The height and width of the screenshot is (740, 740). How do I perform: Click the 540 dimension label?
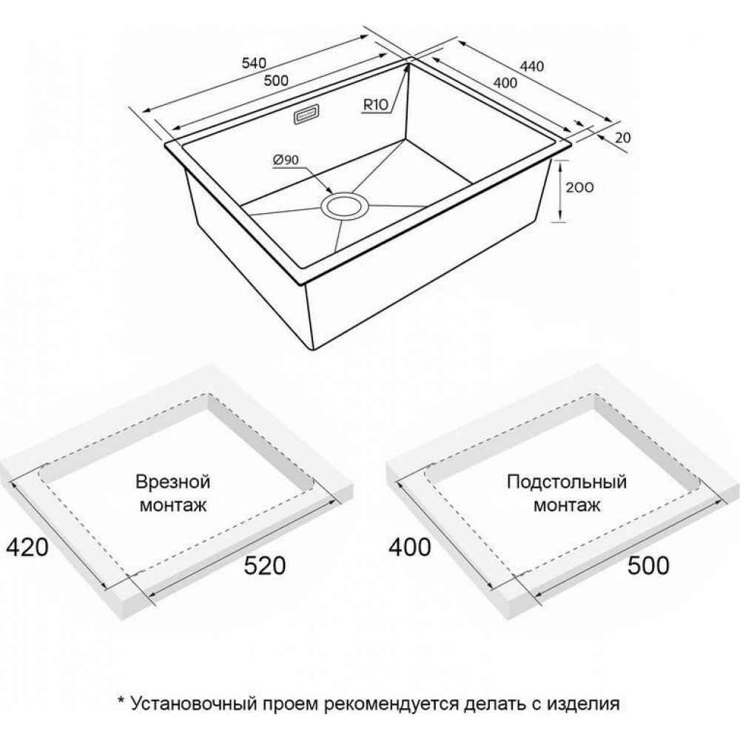point(255,63)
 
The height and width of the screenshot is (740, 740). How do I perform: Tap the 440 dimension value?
point(532,66)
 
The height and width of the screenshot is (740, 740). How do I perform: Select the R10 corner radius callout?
point(375,106)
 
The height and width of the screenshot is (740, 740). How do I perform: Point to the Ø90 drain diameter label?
point(286,161)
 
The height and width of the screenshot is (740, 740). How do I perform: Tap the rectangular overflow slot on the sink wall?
point(306,115)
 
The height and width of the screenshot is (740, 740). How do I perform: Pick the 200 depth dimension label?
point(579,187)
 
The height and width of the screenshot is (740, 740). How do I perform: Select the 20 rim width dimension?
point(623,138)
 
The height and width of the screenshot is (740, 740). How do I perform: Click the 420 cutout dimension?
point(27,547)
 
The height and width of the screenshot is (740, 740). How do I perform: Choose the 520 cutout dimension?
point(264,566)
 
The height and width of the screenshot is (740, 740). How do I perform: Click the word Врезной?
point(172,482)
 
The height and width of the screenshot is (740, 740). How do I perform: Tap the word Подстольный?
point(567,482)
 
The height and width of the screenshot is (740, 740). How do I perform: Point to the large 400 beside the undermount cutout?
point(409,547)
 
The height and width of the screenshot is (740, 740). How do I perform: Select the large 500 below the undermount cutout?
point(648,566)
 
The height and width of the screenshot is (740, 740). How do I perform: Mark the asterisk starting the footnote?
point(121,700)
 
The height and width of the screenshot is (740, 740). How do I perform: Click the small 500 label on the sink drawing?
point(276,81)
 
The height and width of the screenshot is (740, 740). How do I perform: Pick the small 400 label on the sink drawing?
point(505,83)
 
